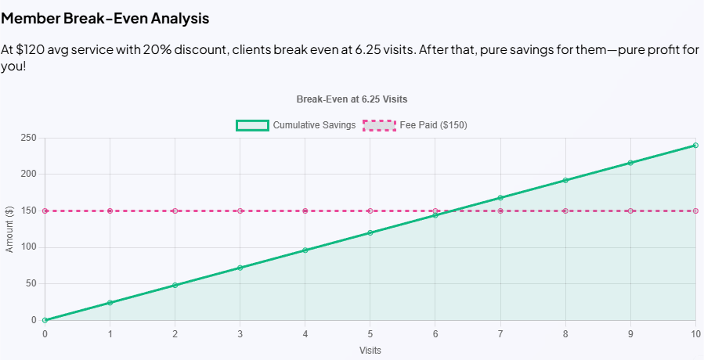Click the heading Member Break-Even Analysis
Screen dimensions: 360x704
click(x=105, y=17)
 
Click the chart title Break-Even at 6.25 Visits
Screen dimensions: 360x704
click(x=352, y=99)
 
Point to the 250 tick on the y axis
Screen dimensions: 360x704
click(x=31, y=138)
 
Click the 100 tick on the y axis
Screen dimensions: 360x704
click(x=31, y=247)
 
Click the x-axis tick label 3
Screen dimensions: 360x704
click(x=240, y=333)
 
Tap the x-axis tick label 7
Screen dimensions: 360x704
click(x=500, y=333)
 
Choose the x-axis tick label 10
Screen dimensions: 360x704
click(x=695, y=333)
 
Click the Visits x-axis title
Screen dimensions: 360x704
click(x=370, y=350)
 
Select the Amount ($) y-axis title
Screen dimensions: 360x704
click(x=10, y=229)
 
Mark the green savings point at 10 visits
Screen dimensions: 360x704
click(x=695, y=145)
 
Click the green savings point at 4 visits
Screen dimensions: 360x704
click(x=305, y=250)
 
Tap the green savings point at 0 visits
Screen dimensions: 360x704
click(x=45, y=320)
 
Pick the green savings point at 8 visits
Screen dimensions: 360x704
click(x=565, y=180)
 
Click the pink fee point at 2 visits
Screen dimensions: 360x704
click(x=175, y=211)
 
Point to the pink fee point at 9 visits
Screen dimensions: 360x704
click(x=630, y=211)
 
